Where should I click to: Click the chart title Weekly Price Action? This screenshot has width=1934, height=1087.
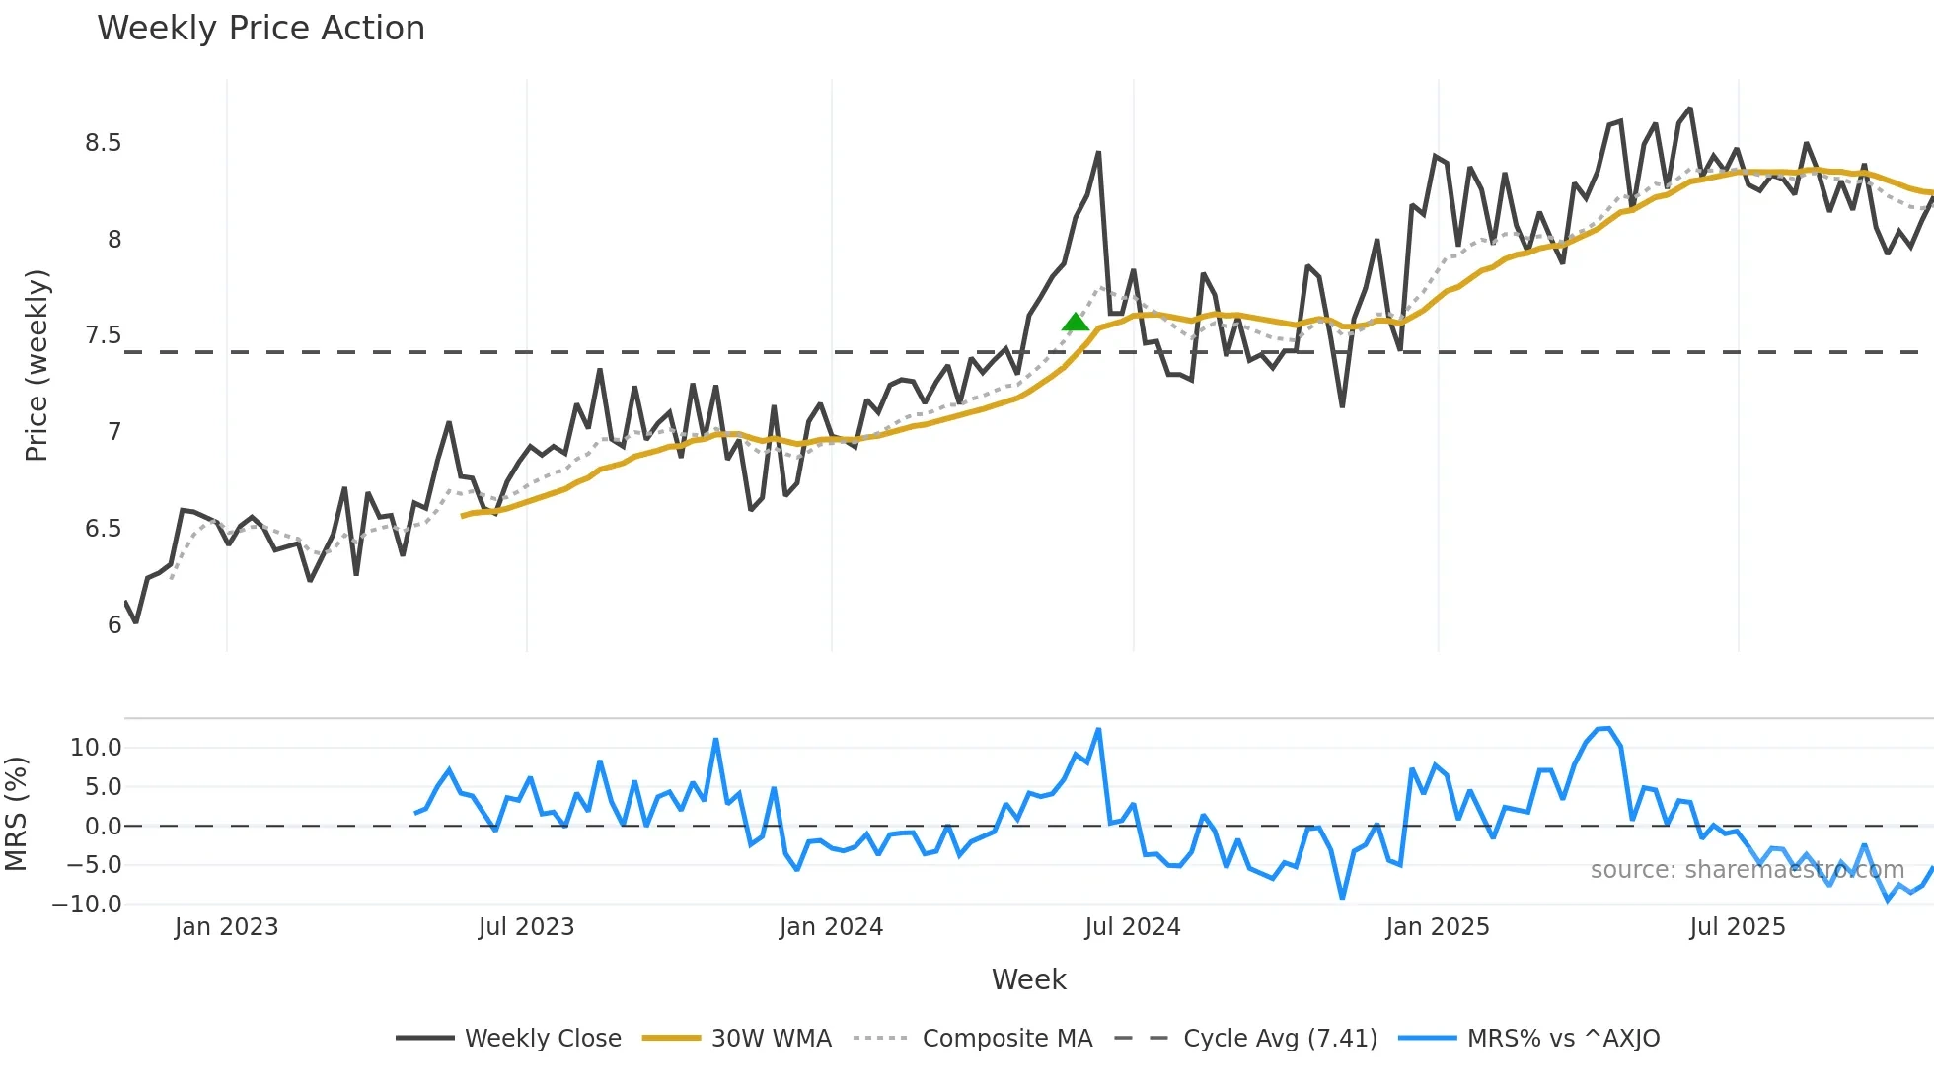tap(260, 29)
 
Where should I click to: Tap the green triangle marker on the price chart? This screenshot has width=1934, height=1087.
tap(1076, 323)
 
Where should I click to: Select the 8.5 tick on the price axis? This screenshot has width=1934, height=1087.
tap(103, 144)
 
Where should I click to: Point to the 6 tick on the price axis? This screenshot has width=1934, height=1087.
tap(114, 625)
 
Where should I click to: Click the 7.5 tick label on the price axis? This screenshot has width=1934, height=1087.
tap(103, 336)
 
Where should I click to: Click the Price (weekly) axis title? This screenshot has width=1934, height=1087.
tap(37, 365)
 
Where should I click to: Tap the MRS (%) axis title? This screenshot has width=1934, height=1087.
tap(17, 814)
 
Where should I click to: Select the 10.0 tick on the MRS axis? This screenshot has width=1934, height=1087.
tap(96, 748)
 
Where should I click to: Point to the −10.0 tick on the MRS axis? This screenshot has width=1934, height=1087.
tap(88, 904)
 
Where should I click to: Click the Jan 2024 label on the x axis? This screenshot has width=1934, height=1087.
tap(831, 927)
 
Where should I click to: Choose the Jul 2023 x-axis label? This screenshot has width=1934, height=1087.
tap(526, 927)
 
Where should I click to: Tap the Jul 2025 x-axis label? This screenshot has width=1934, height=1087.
tap(1737, 927)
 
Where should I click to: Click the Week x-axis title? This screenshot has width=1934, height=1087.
tap(1028, 979)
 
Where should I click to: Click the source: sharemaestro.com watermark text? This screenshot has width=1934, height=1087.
tap(1747, 870)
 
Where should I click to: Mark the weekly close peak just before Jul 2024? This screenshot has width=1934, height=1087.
tap(1098, 154)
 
